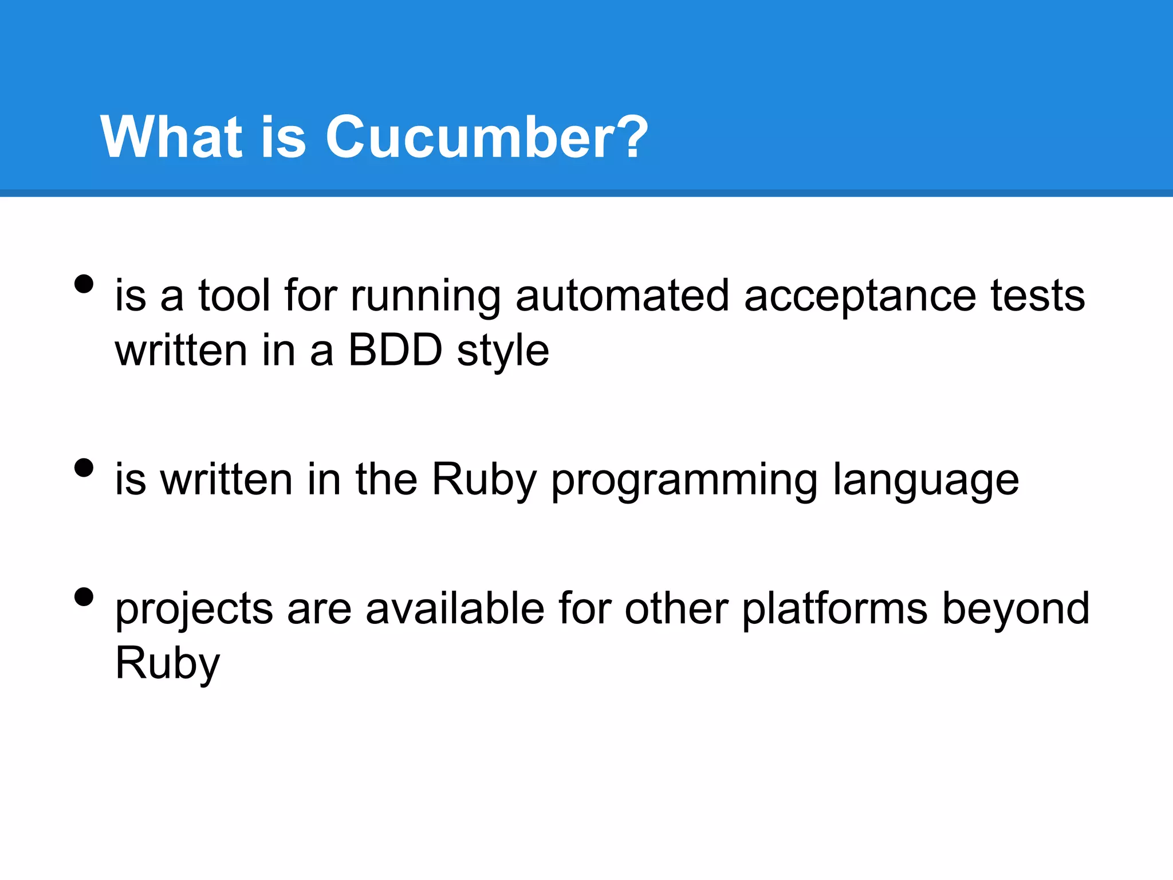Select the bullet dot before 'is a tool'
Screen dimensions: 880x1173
tap(84, 284)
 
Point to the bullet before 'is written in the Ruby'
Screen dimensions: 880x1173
tap(84, 468)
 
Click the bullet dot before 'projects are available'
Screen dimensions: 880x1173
tap(84, 597)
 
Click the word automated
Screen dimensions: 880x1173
tap(622, 296)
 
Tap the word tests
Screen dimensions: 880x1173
tap(1038, 296)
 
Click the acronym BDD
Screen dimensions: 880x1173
tap(395, 350)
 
